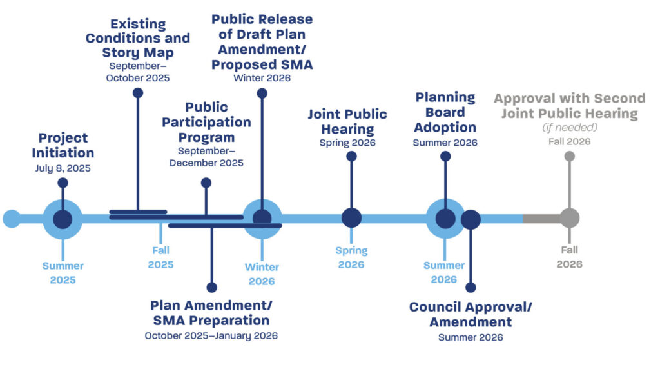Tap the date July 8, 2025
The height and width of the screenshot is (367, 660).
coord(63,168)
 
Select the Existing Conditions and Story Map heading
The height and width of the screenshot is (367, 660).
coord(138,38)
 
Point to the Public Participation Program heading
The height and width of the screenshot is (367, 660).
coord(206,122)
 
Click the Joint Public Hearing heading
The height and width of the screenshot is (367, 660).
coord(347,121)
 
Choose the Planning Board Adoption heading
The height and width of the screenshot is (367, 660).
coord(445,112)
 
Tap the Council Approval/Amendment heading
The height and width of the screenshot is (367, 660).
coord(471,314)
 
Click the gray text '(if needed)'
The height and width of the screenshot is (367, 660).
coord(569,128)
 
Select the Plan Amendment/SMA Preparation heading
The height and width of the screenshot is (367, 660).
coord(210,312)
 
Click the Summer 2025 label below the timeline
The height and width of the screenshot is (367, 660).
coord(63,273)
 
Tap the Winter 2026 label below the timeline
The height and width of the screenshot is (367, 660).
coord(262,274)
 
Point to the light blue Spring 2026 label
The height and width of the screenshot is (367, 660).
coord(351,257)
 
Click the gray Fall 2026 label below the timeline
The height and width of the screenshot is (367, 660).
coord(569,257)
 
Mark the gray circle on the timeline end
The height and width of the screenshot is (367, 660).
coord(569,218)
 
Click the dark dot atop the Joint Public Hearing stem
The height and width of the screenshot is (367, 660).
coord(351,156)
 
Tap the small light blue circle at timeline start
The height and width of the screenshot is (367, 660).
coord(12,219)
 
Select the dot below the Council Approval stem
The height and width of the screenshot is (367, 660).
coord(471,288)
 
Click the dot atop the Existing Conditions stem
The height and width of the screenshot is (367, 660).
coord(137,93)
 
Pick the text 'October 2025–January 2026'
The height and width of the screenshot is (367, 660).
coord(211,335)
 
